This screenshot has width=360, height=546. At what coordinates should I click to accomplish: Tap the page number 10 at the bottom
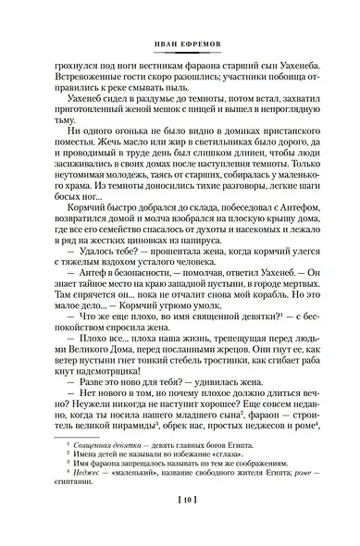[180, 525]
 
